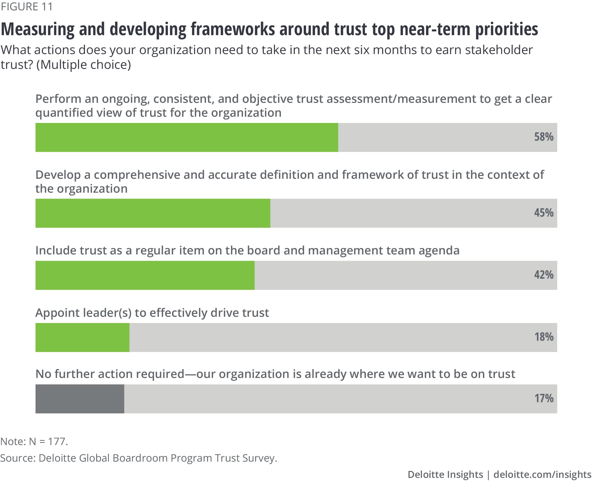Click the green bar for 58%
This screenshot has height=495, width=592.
point(186,137)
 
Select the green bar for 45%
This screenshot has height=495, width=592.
point(153,213)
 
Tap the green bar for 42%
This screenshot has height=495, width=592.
point(145,275)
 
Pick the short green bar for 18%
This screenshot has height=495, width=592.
point(82,337)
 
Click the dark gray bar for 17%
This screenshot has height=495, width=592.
point(80,399)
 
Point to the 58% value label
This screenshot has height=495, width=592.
point(543,137)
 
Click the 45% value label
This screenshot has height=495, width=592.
point(543,213)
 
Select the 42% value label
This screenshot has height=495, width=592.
point(543,275)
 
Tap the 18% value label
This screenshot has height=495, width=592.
point(543,337)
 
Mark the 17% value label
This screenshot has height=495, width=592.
point(543,398)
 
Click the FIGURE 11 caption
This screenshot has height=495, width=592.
point(27,7)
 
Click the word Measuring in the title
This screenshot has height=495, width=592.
point(38,30)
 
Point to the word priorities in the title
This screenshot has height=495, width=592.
point(506,30)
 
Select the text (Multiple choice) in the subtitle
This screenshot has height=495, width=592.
point(83,65)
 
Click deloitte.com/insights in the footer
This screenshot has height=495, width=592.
point(542,475)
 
